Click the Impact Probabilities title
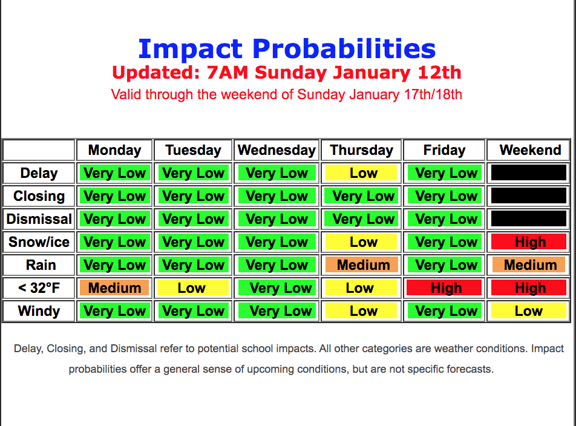coord(287,49)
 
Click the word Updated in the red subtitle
coord(155,73)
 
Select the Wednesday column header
coord(277,150)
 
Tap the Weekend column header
coord(530,150)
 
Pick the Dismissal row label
coord(39,219)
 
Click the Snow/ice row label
coord(39,242)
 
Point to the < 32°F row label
coord(39,288)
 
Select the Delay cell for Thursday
coord(361,173)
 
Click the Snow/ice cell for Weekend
coord(529,242)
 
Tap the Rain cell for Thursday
coord(361,265)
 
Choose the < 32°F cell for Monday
coord(114,288)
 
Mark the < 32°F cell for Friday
coord(444,288)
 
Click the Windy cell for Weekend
coord(529,311)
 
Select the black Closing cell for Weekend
coord(529,195)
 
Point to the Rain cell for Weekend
coord(529,265)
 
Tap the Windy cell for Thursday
coord(361,311)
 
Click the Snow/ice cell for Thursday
coord(361,242)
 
